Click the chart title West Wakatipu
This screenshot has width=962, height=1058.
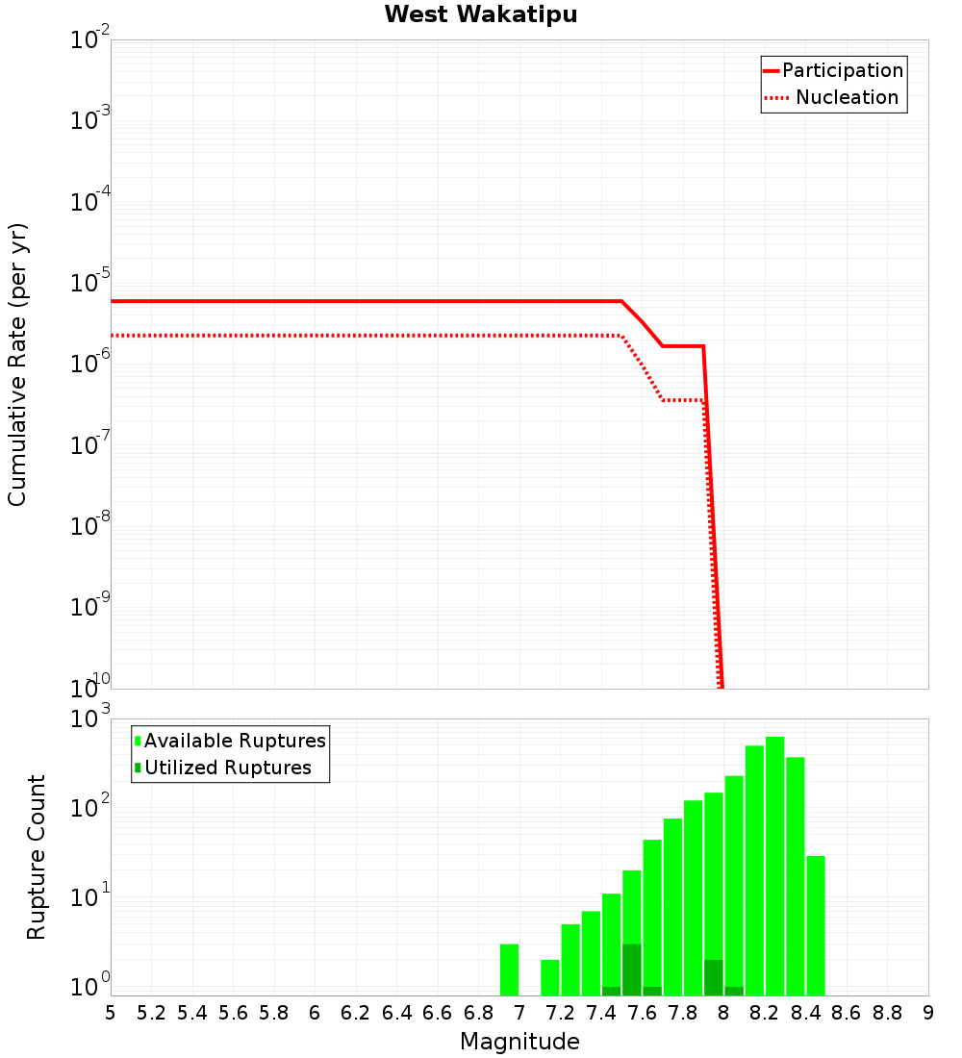point(481,15)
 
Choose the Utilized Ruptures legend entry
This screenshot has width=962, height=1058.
point(227,768)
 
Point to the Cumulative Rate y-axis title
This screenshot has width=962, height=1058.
point(17,364)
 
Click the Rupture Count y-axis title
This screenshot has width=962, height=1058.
point(37,857)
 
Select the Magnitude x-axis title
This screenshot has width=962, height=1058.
point(519,1042)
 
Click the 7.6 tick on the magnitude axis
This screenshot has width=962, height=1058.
point(642,1013)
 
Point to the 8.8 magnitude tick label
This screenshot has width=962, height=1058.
point(887,1013)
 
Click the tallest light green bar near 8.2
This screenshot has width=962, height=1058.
point(774,866)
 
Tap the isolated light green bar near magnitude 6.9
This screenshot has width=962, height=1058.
point(509,970)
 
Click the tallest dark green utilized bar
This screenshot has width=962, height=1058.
point(631,970)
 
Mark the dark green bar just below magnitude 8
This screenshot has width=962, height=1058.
point(713,977)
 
